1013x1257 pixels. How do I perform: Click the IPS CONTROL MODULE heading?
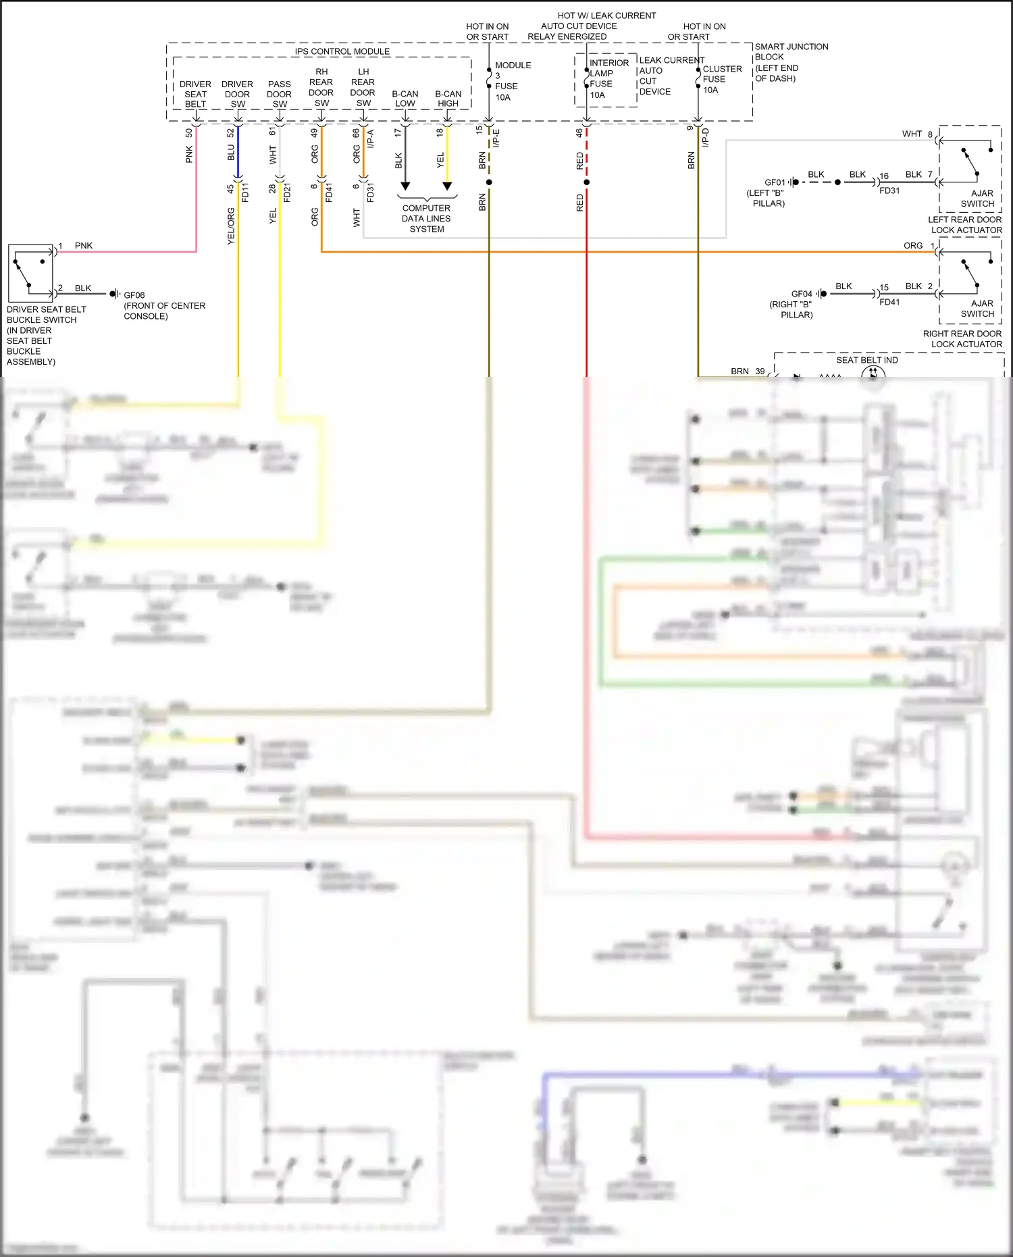pyautogui.click(x=342, y=51)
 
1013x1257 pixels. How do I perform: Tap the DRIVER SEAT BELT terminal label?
pyautogui.click(x=195, y=94)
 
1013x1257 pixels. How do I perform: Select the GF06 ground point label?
pyautogui.click(x=134, y=295)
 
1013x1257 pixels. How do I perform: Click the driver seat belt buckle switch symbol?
pyautogui.click(x=30, y=273)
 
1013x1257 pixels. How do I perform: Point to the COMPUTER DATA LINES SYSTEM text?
pyautogui.click(x=426, y=218)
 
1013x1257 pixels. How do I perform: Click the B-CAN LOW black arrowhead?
pyautogui.click(x=405, y=186)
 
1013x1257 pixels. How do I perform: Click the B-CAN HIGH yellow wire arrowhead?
pyautogui.click(x=447, y=186)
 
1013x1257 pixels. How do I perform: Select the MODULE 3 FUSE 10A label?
pyautogui.click(x=512, y=81)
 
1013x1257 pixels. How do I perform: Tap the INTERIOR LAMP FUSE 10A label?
pyautogui.click(x=608, y=79)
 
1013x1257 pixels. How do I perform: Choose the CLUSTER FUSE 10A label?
pyautogui.click(x=721, y=79)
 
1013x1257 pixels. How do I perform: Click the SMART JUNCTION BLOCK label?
pyautogui.click(x=790, y=62)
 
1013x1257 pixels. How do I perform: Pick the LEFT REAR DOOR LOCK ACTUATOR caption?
pyautogui.click(x=964, y=225)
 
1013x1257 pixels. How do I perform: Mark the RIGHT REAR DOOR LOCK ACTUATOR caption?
pyautogui.click(x=962, y=338)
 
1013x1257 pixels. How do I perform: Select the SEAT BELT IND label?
pyautogui.click(x=866, y=360)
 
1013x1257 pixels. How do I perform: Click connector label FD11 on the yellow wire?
pyautogui.click(x=245, y=192)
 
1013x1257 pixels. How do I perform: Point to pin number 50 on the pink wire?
pyautogui.click(x=189, y=133)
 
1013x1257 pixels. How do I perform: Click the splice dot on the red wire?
pyautogui.click(x=586, y=182)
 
